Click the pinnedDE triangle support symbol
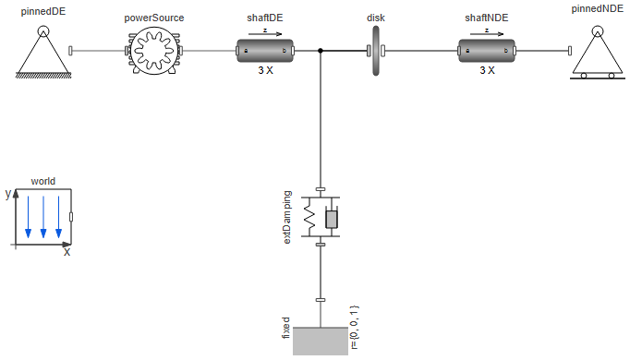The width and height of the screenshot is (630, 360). point(42,51)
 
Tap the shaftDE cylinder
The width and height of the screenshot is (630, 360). point(264,52)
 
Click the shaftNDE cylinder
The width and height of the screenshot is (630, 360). point(486,52)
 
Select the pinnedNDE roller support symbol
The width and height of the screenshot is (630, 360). point(597,52)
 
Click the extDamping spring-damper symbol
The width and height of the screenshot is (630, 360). point(320,218)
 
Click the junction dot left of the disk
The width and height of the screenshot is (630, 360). point(320,52)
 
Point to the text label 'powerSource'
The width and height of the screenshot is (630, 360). point(153,18)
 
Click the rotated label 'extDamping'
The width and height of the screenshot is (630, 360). point(287,218)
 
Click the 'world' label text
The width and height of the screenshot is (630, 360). point(43,181)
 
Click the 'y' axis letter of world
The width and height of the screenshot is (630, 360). point(7,194)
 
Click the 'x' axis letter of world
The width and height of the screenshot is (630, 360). point(67,252)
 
